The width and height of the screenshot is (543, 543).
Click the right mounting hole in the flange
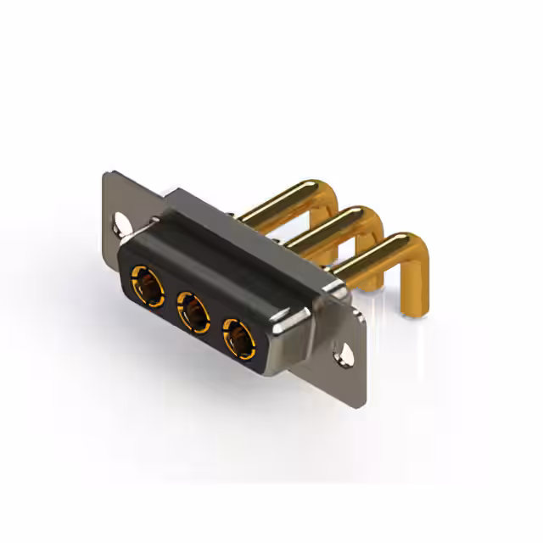coord(344,348)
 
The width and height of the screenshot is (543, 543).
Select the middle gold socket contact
coord(192,313)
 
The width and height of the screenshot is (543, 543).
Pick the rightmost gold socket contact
coord(238,339)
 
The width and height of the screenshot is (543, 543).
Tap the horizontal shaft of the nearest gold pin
coord(365,261)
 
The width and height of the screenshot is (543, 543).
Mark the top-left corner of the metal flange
coord(107,176)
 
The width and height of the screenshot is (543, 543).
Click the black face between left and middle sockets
coord(168,299)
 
